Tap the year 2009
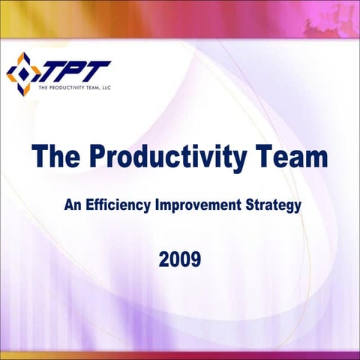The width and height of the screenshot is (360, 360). (x=179, y=260)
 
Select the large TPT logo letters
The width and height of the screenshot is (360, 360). (x=73, y=70)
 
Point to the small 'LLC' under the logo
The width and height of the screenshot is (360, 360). (x=104, y=88)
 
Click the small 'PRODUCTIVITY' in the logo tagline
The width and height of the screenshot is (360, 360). (x=66, y=88)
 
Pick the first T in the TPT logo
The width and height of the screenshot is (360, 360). (x=53, y=70)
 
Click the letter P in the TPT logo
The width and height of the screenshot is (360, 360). (x=74, y=70)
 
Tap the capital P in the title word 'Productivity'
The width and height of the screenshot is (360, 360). (x=100, y=158)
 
